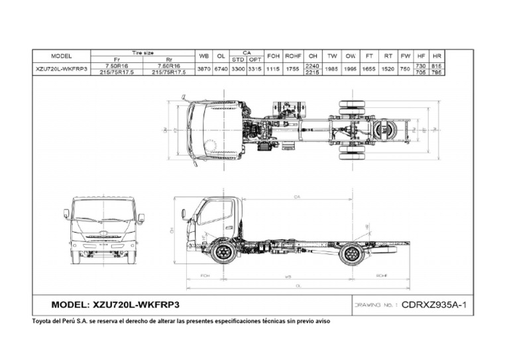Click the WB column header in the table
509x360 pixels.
204,56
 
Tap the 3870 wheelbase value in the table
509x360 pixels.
204,69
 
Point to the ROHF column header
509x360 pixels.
293,56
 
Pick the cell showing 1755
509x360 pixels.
293,69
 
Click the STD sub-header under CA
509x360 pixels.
237,59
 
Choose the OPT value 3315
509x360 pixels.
254,69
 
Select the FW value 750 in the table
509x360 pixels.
405,69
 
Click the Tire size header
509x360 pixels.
142,52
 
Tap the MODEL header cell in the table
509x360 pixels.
61,56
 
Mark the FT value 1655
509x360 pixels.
369,69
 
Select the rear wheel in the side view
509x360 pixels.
351,253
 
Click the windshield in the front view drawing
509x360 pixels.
104,211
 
